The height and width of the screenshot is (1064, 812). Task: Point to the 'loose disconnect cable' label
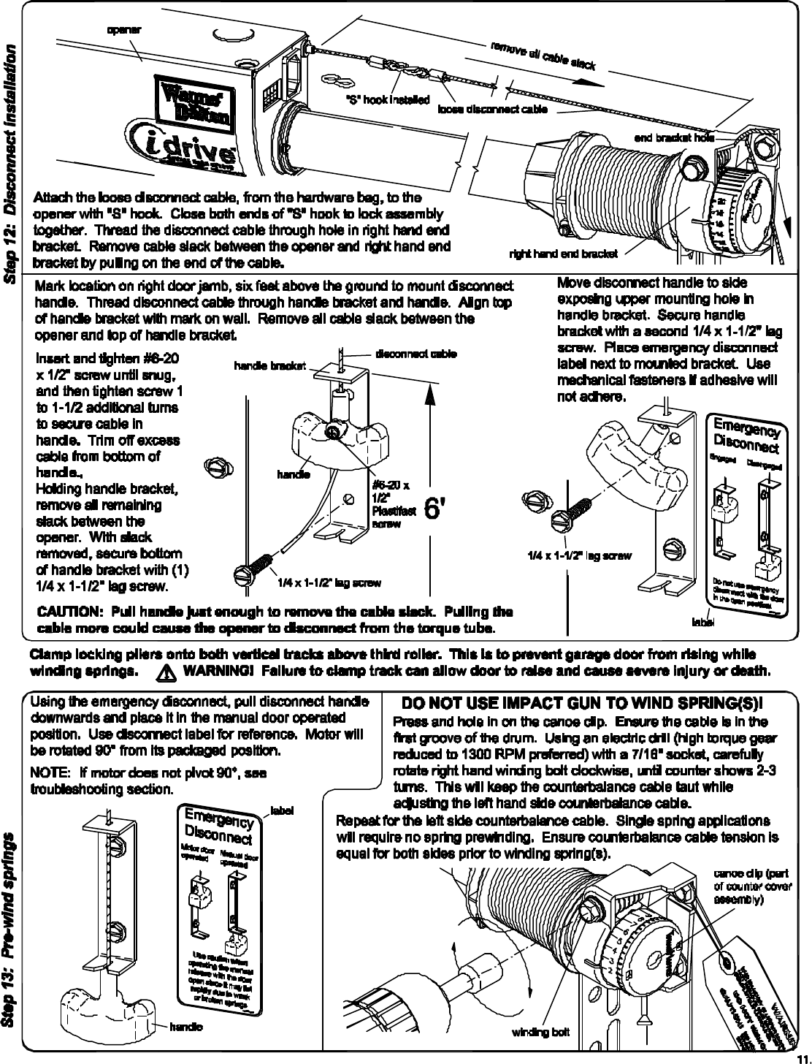coord(493,110)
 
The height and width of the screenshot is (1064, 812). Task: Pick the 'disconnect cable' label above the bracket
coord(415,354)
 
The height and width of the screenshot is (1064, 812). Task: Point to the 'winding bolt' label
coord(540,1033)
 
